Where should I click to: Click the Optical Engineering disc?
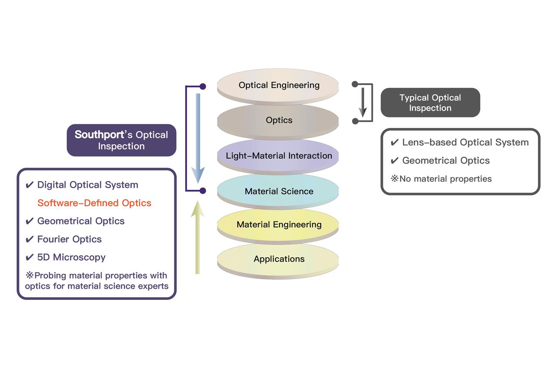click(x=279, y=85)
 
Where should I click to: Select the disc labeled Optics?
click(x=279, y=120)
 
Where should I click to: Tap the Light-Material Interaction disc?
click(x=279, y=156)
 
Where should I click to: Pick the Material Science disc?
click(x=279, y=191)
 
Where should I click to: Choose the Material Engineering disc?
click(x=279, y=224)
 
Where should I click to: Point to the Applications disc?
click(x=279, y=259)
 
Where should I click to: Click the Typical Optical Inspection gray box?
click(x=430, y=103)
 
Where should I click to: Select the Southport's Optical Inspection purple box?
click(x=121, y=140)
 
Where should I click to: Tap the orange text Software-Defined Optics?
click(x=94, y=203)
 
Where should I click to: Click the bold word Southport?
click(x=99, y=135)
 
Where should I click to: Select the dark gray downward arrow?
click(x=362, y=101)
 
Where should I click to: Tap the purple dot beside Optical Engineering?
click(x=203, y=86)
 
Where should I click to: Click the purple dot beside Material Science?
click(x=203, y=191)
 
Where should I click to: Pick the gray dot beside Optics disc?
click(x=355, y=121)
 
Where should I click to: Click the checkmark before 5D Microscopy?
click(x=30, y=257)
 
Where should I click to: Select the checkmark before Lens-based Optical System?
click(x=394, y=143)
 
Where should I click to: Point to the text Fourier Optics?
click(x=69, y=239)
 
